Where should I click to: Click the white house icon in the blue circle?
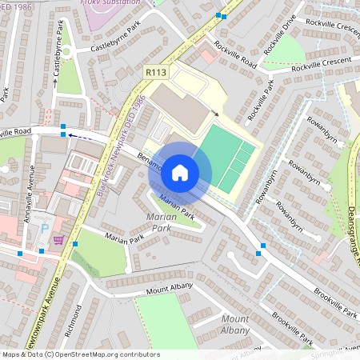(x=180, y=171)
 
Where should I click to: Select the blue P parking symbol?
(x=46, y=227)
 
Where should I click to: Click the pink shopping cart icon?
(x=58, y=238)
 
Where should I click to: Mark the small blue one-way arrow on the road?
(x=71, y=136)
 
